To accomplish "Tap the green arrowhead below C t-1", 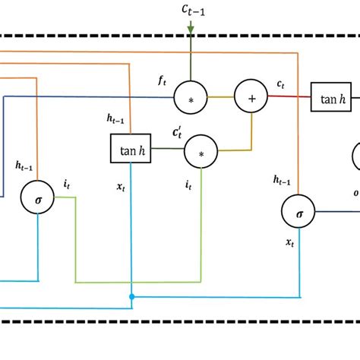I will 191,31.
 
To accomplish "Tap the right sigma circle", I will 298,213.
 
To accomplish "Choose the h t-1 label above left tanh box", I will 117,116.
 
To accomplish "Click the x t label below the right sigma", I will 290,242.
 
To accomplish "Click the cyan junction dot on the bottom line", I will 131,296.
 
